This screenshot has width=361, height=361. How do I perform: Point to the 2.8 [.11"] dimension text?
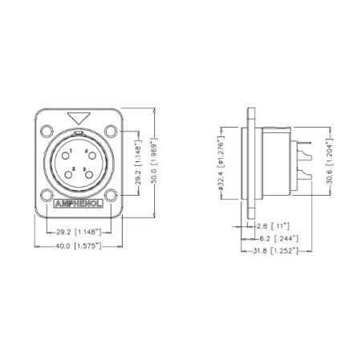[280, 227]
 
